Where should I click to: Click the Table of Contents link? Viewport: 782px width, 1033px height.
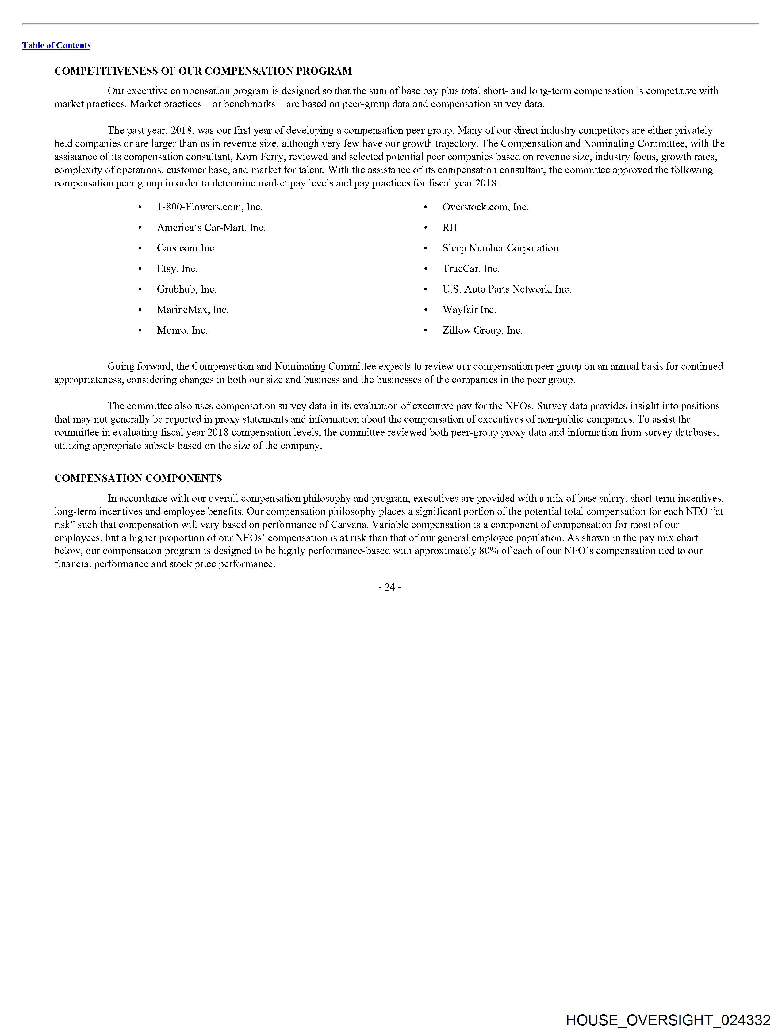[56, 45]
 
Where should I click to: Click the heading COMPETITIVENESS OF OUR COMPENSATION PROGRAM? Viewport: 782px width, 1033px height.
[203, 71]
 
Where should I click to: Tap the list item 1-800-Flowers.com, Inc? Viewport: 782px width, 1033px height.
[209, 207]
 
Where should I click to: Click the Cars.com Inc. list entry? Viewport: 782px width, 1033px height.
[186, 248]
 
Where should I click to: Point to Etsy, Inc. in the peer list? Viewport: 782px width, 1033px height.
[177, 269]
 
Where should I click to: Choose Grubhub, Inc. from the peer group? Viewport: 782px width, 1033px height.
[186, 289]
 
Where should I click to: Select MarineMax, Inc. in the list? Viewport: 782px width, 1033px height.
[193, 310]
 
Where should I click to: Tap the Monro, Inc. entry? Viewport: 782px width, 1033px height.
[182, 330]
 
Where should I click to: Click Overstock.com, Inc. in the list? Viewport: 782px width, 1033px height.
[485, 207]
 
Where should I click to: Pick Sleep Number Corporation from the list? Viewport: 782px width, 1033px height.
[500, 248]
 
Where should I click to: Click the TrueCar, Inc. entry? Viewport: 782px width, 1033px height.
[470, 269]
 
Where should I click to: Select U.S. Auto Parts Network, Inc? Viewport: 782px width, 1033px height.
[506, 289]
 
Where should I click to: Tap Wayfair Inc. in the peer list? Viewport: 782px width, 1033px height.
[469, 310]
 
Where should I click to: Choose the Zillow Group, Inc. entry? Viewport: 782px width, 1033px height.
[482, 330]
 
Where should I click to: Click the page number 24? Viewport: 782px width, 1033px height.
[389, 587]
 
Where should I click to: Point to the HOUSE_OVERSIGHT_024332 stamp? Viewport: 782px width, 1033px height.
[668, 1020]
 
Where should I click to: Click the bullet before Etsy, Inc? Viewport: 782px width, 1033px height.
[140, 269]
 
